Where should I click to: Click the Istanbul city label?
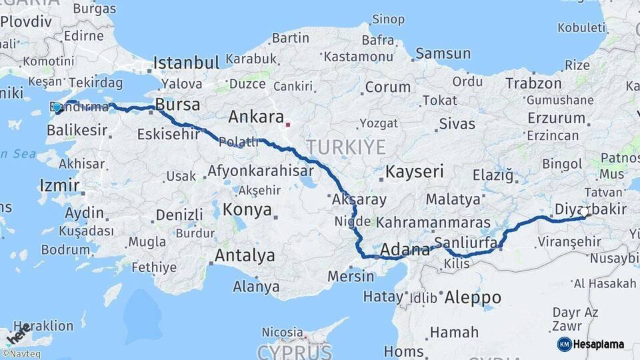[x=186, y=63]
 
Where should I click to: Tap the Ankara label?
[x=256, y=117]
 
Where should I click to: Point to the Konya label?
[x=247, y=210]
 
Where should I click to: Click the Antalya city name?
[x=245, y=255]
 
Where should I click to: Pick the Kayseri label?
[x=415, y=171]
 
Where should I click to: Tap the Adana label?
[x=405, y=251]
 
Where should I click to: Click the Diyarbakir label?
[x=590, y=209]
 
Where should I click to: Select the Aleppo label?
[x=473, y=297]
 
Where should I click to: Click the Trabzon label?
[x=533, y=83]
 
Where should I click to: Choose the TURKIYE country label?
[x=345, y=147]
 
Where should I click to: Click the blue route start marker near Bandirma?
[x=57, y=107]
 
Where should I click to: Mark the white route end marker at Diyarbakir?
[x=585, y=213]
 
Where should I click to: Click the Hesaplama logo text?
[x=599, y=345]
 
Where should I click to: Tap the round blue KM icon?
[x=564, y=345]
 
